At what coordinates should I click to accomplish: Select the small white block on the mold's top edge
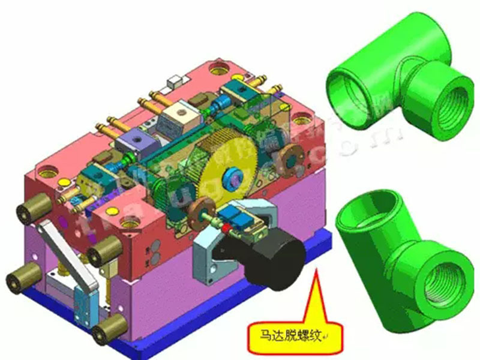click(175, 79)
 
